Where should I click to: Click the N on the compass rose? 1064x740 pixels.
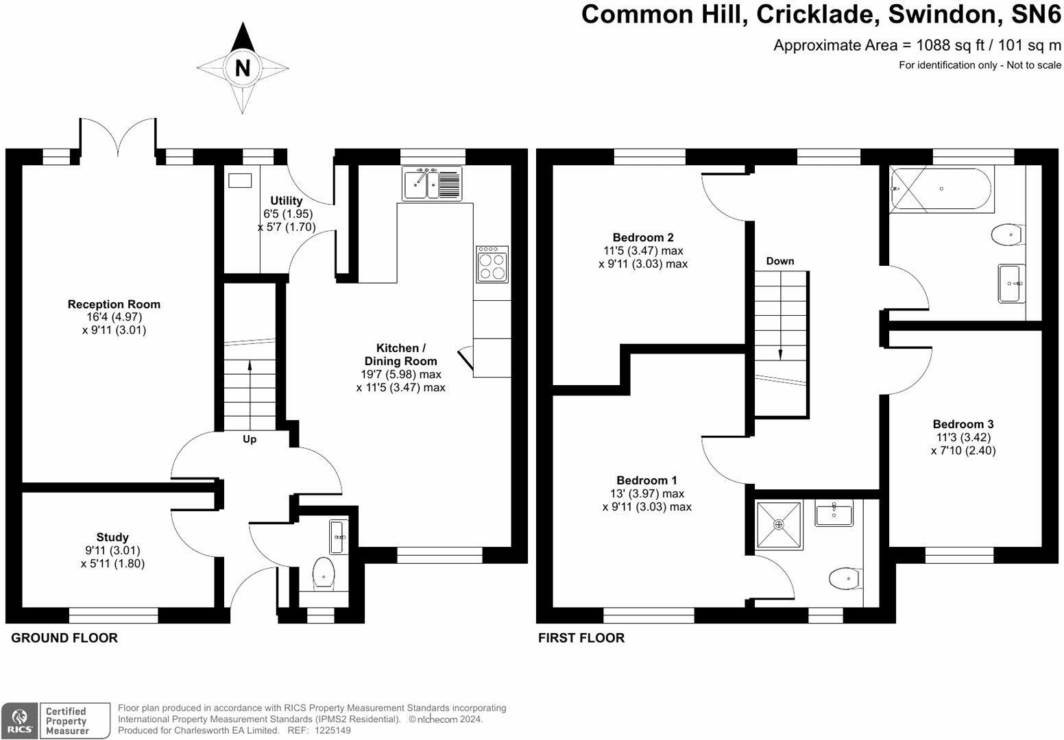[x=242, y=68]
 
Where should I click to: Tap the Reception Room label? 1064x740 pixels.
[x=114, y=304]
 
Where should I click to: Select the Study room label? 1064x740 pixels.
[x=112, y=537]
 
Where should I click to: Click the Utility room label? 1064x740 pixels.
[x=286, y=201]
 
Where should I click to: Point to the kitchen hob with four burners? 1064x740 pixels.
[x=492, y=264]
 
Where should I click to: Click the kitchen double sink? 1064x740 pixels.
[x=432, y=184]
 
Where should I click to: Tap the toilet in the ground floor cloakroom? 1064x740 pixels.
[x=323, y=573]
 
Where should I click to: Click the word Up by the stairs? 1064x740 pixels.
[x=250, y=439]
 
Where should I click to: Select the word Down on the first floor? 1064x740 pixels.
[x=780, y=261]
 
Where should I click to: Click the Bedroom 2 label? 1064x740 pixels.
[x=642, y=238]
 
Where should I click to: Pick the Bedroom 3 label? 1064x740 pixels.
[x=963, y=424]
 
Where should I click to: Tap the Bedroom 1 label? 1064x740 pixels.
[x=646, y=480]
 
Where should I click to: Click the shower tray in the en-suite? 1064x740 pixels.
[x=778, y=526]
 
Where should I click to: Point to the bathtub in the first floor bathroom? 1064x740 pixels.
[x=940, y=189]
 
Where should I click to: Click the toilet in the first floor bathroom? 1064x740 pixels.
[x=1007, y=235]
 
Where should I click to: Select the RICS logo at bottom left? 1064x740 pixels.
[x=19, y=721]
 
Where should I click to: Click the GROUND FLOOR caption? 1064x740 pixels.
[x=64, y=638]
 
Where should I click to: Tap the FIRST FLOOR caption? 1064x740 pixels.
[x=581, y=638]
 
